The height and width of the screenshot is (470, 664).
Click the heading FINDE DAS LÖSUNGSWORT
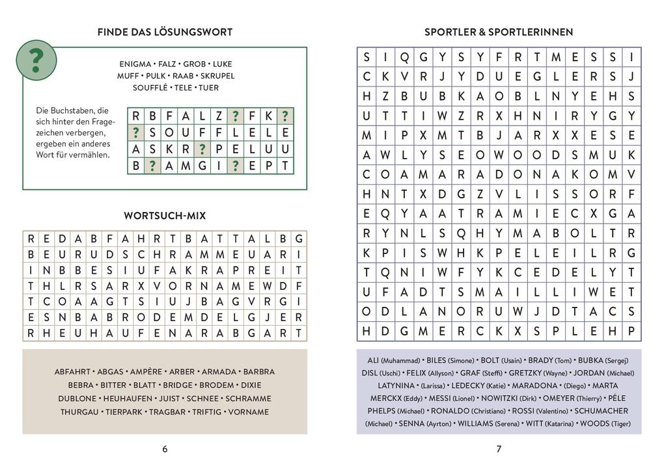165,32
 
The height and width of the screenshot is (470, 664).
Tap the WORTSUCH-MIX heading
165,215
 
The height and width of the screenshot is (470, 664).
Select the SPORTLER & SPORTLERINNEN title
499,32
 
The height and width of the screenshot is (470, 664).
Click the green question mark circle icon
36,59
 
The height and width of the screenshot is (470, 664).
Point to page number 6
165,449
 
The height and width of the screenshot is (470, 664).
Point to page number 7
499,449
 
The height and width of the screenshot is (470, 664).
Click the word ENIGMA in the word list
135,64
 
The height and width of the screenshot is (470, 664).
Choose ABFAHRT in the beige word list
73,372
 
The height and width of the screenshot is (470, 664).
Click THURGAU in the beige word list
79,411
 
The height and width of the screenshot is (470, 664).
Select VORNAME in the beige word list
247,411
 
